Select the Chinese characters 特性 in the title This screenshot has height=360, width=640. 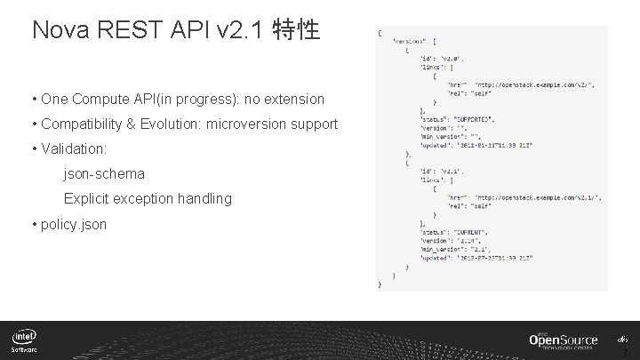tap(297, 30)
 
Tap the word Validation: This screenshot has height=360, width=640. tap(74, 149)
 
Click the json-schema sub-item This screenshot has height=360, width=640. tap(104, 174)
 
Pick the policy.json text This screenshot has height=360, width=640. tap(74, 224)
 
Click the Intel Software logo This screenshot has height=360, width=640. tap(25, 341)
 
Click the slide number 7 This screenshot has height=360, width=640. tap(624, 352)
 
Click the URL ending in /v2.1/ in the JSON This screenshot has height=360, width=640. tap(538, 197)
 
